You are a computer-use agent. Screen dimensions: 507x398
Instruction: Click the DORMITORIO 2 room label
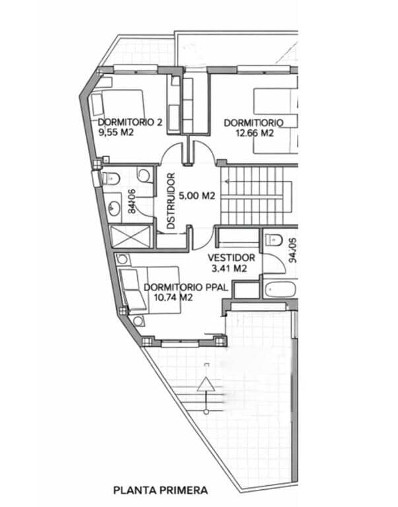(x=130, y=122)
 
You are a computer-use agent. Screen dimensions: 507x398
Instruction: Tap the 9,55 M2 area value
(x=117, y=132)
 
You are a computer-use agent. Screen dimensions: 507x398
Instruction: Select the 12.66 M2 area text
(x=254, y=132)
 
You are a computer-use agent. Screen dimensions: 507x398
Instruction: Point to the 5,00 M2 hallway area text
(x=197, y=195)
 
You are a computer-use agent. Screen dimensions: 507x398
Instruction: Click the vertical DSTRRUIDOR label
(x=171, y=201)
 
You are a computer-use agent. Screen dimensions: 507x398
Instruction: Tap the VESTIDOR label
(x=231, y=257)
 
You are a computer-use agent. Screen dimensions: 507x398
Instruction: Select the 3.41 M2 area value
(x=229, y=269)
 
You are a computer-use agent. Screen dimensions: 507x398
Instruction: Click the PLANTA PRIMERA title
(x=160, y=490)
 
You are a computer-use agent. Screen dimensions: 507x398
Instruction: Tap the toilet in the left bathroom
(x=110, y=177)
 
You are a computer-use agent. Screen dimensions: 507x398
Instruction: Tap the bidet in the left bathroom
(x=143, y=175)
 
